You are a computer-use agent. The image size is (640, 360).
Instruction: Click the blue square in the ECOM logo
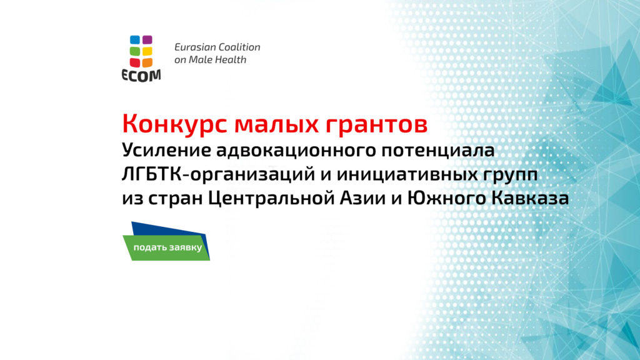(134, 40)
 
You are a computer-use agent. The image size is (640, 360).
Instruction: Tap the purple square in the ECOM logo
(147, 40)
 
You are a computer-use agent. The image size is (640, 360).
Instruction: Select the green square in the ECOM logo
(134, 51)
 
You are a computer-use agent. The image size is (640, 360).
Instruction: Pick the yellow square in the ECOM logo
(147, 51)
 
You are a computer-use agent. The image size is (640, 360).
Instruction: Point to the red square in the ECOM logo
(134, 62)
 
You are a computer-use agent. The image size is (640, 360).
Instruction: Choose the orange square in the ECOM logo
(147, 62)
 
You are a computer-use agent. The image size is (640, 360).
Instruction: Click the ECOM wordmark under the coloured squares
(141, 76)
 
